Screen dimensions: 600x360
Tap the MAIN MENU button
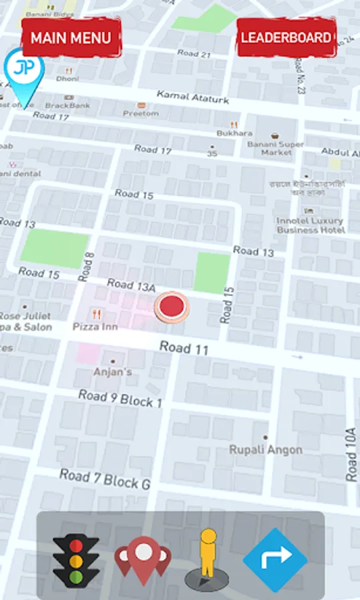pos(71,37)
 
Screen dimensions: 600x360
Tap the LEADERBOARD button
pos(286,37)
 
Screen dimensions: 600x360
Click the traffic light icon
pos(76,561)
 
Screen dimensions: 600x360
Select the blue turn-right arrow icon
pos(275,561)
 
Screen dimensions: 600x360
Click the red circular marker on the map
pos(172,307)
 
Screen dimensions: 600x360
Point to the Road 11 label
pos(184,347)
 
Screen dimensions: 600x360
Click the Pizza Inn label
pos(95,327)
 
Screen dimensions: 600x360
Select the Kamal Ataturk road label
pos(193,97)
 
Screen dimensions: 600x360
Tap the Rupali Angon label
pos(266,449)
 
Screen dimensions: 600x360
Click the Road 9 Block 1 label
pos(120,399)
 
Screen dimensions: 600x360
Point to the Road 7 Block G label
pos(105,479)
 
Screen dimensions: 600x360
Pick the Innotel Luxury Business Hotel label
pos(311,225)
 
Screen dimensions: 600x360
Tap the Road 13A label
pos(131,285)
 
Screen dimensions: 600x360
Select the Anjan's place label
pos(112,371)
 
